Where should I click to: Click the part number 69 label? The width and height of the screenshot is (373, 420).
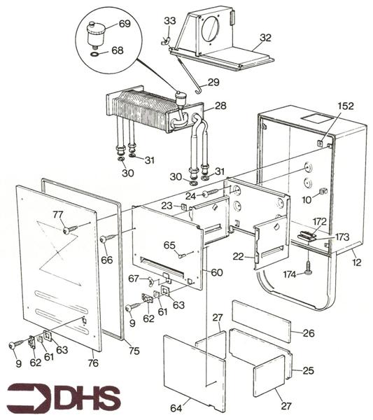coord(125,24)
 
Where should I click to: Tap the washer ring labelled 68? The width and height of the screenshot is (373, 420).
coord(94,55)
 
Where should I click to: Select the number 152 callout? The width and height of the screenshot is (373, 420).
coord(346,106)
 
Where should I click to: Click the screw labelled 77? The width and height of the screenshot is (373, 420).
coord(70,230)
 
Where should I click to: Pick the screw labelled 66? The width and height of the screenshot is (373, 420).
coord(108,238)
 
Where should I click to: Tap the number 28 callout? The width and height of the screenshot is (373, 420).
coord(220,106)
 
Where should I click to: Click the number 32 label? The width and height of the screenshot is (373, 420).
coord(265,38)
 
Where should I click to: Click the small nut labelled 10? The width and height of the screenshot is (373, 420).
coord(323,191)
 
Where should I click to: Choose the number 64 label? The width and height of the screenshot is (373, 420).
coord(176,408)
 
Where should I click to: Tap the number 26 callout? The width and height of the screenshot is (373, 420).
coord(309,333)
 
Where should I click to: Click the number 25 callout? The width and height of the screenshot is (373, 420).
coord(308,371)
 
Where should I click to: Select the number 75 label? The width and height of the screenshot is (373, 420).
coord(134,351)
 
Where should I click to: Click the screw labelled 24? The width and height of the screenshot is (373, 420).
coord(212,193)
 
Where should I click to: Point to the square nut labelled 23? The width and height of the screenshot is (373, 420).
coord(183,206)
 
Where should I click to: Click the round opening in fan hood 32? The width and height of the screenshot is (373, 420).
coord(210,29)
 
